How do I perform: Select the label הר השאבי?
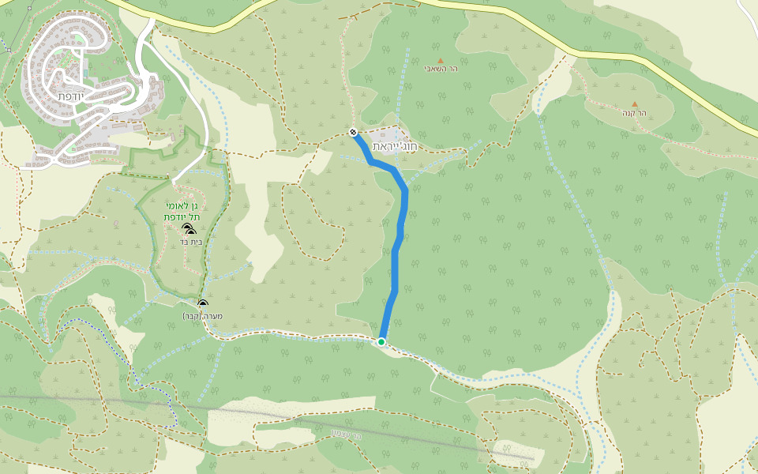(x=441, y=70)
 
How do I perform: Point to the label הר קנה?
(x=634, y=113)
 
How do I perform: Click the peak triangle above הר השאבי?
(x=441, y=60)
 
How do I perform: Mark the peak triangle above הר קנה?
(x=634, y=103)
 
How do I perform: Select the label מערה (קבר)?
(x=203, y=316)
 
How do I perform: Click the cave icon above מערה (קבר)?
(x=203, y=304)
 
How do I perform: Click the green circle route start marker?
(x=381, y=342)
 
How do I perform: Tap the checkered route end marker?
(x=353, y=132)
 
